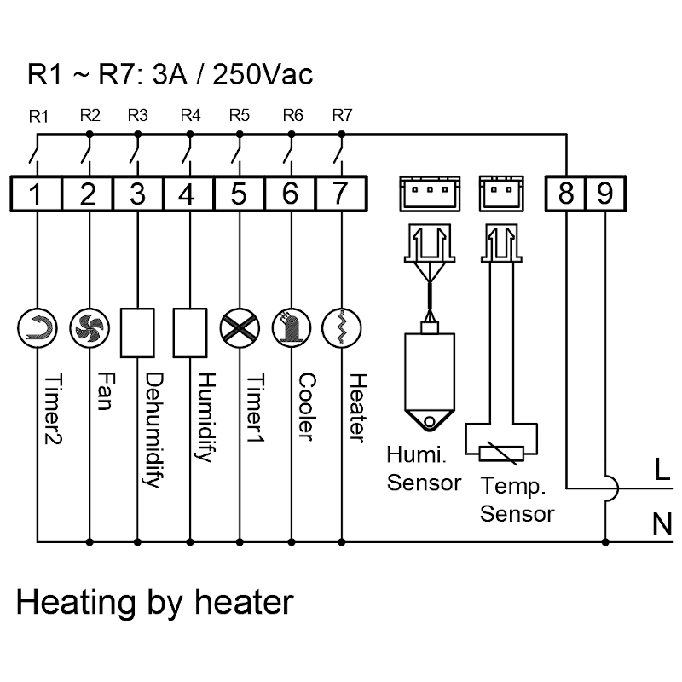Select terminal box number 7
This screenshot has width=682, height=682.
pyautogui.click(x=341, y=194)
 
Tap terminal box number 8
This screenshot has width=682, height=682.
pyautogui.click(x=566, y=194)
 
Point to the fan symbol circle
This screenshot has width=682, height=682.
pyautogui.click(x=89, y=327)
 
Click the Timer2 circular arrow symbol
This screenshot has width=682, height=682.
pyautogui.click(x=38, y=327)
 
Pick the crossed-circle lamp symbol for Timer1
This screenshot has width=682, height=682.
pyautogui.click(x=240, y=327)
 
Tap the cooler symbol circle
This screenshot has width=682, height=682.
pyautogui.click(x=291, y=327)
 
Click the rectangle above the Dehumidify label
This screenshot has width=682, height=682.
pyautogui.click(x=138, y=332)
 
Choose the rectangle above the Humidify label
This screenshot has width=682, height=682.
pyautogui.click(x=188, y=332)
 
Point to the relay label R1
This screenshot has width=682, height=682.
pyautogui.click(x=38, y=117)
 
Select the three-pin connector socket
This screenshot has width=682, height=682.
pyautogui.click(x=428, y=194)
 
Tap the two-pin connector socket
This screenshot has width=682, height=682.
pyautogui.click(x=497, y=194)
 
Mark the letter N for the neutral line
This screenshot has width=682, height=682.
pyautogui.click(x=662, y=523)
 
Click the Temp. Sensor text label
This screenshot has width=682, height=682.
pyautogui.click(x=517, y=500)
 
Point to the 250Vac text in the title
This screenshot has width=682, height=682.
pyautogui.click(x=262, y=74)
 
